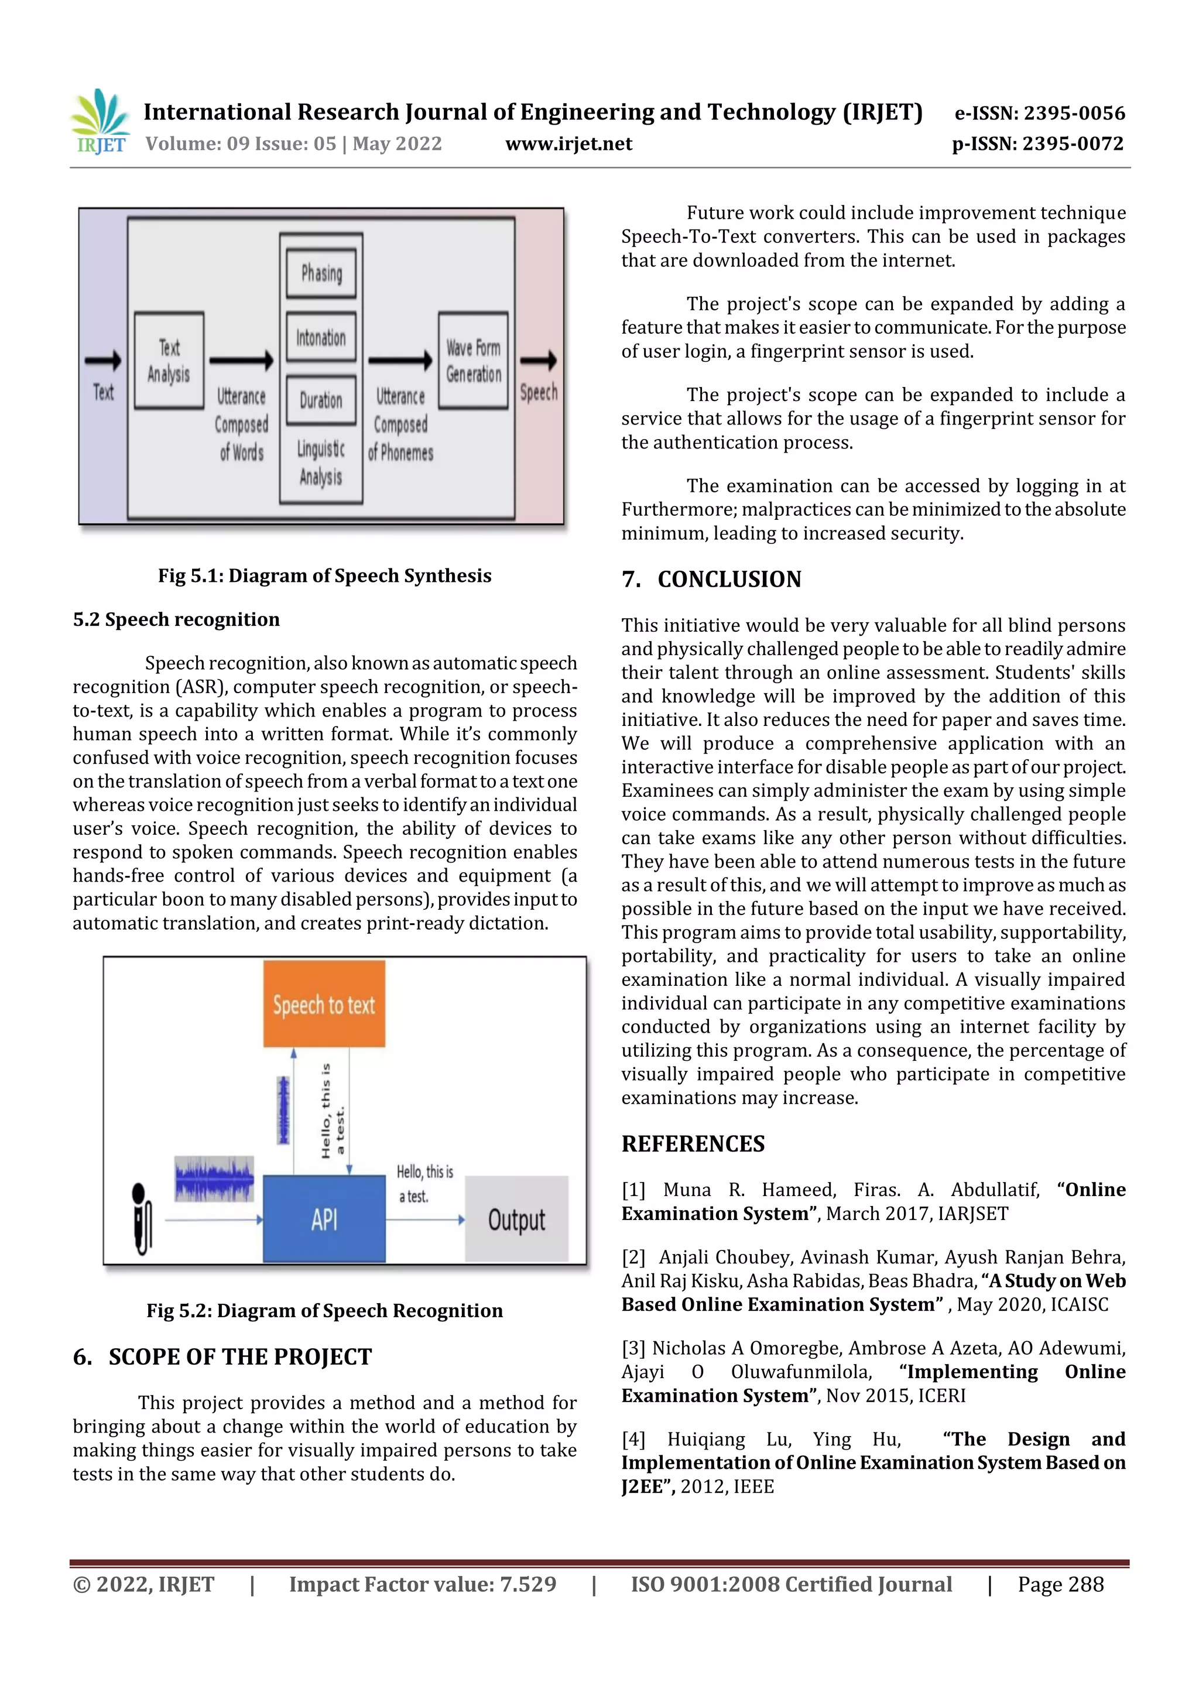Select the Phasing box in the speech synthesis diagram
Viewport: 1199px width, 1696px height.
(321, 273)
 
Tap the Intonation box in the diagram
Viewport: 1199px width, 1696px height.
(321, 338)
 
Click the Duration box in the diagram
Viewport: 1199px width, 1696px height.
(321, 400)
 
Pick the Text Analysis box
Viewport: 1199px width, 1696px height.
(169, 361)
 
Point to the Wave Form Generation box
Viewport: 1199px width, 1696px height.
(473, 361)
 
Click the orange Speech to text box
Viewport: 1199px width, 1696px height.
(324, 1004)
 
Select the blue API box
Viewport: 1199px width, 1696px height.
(324, 1219)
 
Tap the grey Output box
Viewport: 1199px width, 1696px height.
(516, 1219)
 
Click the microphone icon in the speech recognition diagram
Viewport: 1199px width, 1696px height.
(141, 1219)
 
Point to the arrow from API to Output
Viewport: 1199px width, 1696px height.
(425, 1219)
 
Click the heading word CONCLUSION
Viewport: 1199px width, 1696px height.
(729, 579)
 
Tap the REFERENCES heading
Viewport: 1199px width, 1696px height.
(693, 1143)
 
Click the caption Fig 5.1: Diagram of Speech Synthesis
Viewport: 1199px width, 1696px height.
(324, 575)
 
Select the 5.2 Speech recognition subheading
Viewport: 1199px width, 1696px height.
(176, 619)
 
